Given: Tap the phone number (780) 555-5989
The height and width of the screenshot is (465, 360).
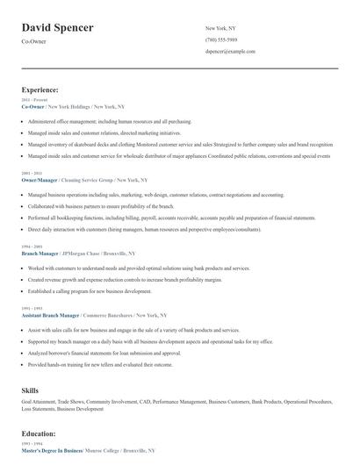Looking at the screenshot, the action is coord(220,40).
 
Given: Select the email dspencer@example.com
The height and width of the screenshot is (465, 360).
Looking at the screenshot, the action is coord(230,52).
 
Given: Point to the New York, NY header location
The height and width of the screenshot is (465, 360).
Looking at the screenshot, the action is coord(221,28).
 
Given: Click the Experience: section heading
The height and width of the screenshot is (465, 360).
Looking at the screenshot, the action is coord(40,89).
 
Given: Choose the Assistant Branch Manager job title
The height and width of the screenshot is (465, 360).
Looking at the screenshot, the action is coord(51,313).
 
